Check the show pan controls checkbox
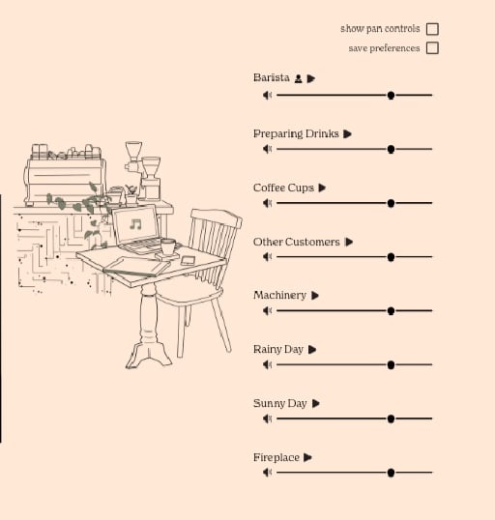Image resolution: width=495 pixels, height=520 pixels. (x=432, y=29)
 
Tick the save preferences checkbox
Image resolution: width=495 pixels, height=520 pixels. (x=432, y=48)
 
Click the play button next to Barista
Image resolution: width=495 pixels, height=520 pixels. (x=311, y=78)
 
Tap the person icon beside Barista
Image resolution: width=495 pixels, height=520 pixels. (x=299, y=78)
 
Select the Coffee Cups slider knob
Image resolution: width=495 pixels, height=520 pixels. (x=391, y=203)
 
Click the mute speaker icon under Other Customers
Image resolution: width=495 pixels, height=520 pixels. (x=268, y=257)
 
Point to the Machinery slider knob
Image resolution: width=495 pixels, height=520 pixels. (x=391, y=310)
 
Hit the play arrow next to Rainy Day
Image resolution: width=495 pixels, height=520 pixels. (x=312, y=350)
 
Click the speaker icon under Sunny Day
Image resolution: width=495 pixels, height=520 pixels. (x=268, y=419)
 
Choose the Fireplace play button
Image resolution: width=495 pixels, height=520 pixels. (x=307, y=457)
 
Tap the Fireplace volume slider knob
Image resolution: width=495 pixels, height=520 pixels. (x=391, y=473)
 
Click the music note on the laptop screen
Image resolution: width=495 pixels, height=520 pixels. (x=135, y=224)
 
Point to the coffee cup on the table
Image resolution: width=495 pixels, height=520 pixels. (x=168, y=246)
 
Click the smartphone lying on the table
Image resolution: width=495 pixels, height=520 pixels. (x=188, y=260)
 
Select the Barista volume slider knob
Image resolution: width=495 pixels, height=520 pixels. (x=391, y=95)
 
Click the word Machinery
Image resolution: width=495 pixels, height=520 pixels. (x=279, y=295)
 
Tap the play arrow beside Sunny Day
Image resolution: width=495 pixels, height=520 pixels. (x=316, y=404)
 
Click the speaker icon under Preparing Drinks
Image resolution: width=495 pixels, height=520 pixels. (x=268, y=149)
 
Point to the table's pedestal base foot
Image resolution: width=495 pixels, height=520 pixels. (x=149, y=356)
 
